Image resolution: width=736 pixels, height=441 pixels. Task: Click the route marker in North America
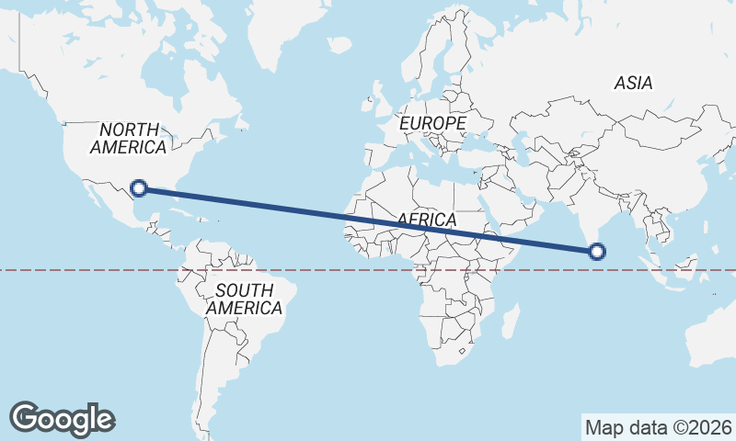139,188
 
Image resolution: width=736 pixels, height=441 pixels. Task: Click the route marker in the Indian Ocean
598,251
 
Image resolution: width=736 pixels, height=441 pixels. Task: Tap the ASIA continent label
634,84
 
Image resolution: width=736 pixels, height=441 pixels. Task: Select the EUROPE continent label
432,122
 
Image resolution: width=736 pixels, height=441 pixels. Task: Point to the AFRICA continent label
427,220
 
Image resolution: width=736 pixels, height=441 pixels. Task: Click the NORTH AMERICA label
130,139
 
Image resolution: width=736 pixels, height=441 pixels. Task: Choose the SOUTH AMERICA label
244,300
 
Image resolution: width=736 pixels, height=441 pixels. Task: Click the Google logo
62,419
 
